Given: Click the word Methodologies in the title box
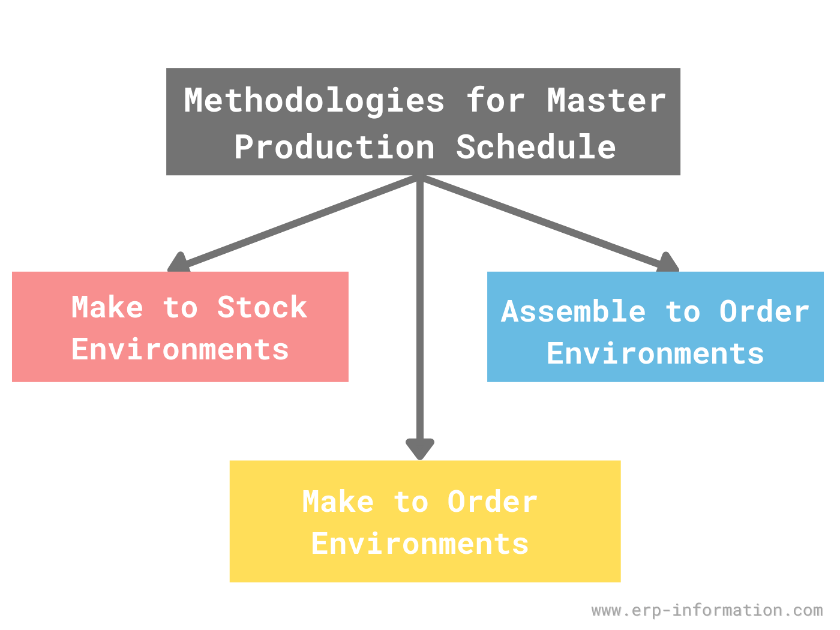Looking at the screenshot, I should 314,101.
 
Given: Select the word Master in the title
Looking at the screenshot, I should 606,101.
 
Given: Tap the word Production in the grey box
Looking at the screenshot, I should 334,148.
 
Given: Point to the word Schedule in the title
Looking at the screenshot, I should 536,148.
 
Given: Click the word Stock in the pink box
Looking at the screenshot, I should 262,308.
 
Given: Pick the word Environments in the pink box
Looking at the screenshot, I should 180,350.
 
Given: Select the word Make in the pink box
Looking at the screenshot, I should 107,308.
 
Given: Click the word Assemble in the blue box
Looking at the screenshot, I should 574,312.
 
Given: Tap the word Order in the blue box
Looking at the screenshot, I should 764,312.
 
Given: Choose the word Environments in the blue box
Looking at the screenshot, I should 655,354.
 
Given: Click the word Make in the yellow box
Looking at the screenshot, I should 338,502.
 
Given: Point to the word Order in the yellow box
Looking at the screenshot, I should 492,502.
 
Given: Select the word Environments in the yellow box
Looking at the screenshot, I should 420,544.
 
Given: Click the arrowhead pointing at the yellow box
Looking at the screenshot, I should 420,449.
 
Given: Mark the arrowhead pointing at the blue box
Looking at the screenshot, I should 667,263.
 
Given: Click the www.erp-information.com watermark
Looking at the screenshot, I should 707,611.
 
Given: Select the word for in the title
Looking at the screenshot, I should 496,101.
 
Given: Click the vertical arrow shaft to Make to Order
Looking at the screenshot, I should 420,312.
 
